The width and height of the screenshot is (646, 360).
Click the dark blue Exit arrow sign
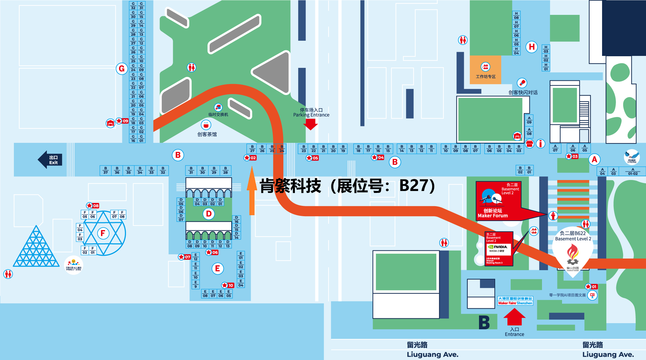click(x=50, y=160)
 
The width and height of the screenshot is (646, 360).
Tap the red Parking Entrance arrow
click(x=311, y=124)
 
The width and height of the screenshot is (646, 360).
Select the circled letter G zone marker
click(x=122, y=69)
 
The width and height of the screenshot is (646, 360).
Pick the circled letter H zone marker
click(x=531, y=47)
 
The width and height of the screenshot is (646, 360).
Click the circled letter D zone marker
click(x=209, y=214)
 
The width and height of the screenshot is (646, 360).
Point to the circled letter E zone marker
click(x=217, y=268)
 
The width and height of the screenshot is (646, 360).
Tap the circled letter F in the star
click(x=103, y=233)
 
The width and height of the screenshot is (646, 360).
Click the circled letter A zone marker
click(x=594, y=159)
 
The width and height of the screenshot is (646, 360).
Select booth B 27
click(x=252, y=149)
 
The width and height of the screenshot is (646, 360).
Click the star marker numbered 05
click(x=312, y=158)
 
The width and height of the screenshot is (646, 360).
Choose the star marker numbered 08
click(x=93, y=206)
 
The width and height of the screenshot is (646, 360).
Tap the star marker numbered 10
click(x=228, y=285)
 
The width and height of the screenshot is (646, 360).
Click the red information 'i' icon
click(x=540, y=143)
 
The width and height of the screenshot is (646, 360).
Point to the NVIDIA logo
click(x=498, y=247)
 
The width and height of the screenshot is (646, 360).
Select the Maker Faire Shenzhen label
click(x=515, y=301)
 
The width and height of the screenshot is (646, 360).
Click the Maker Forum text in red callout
click(x=493, y=216)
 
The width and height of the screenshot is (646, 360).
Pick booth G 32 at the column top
click(x=133, y=6)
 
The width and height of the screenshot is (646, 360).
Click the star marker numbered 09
click(x=122, y=121)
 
